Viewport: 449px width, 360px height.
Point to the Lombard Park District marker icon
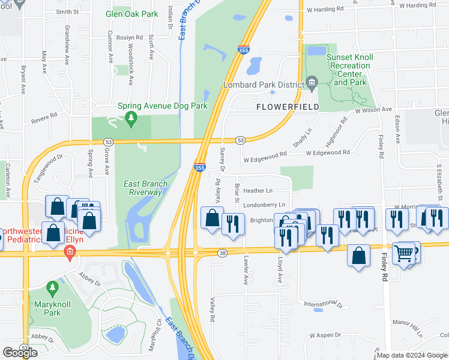[x=312, y=82]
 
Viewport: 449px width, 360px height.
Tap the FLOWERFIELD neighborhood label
[x=288, y=107]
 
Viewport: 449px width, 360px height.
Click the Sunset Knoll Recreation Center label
[x=350, y=70]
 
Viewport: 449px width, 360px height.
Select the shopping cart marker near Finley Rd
[x=405, y=253]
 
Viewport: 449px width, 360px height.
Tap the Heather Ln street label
[x=258, y=190]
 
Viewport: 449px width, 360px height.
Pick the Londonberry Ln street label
[x=264, y=205]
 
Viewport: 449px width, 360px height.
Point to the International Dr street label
[x=323, y=305]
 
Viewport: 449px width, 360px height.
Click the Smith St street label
[x=67, y=11]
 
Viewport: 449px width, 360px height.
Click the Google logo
[x=20, y=353]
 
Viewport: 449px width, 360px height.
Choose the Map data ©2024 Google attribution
[x=412, y=355]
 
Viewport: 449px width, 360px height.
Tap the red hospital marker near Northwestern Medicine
[x=70, y=252]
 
